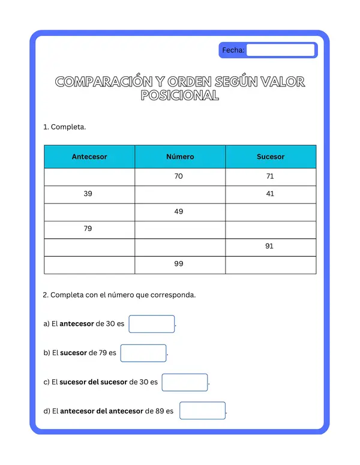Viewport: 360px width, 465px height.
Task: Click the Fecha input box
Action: [281, 50]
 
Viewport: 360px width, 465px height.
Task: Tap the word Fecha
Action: [233, 50]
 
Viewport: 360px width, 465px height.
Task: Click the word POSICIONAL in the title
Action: [179, 96]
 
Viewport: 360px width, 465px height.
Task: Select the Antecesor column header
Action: [89, 157]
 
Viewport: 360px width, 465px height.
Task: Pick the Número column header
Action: [180, 157]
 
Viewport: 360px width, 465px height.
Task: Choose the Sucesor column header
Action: [271, 157]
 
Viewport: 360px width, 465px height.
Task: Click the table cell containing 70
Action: [179, 176]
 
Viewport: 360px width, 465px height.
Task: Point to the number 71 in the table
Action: [269, 176]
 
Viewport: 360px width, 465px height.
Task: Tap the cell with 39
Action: [88, 194]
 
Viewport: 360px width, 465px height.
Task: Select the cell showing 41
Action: [269, 194]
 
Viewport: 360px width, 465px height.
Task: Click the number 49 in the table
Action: [179, 211]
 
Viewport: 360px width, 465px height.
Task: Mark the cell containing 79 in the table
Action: [88, 229]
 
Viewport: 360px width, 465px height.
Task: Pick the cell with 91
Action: [269, 246]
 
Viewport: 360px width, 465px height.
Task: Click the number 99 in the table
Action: [179, 263]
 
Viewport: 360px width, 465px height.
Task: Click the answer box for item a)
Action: [151, 324]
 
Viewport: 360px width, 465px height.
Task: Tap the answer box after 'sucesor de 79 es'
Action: [143, 353]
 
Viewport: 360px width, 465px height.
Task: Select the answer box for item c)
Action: [184, 382]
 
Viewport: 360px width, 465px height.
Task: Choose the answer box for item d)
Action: [202, 411]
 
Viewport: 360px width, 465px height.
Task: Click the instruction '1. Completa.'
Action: [65, 127]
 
